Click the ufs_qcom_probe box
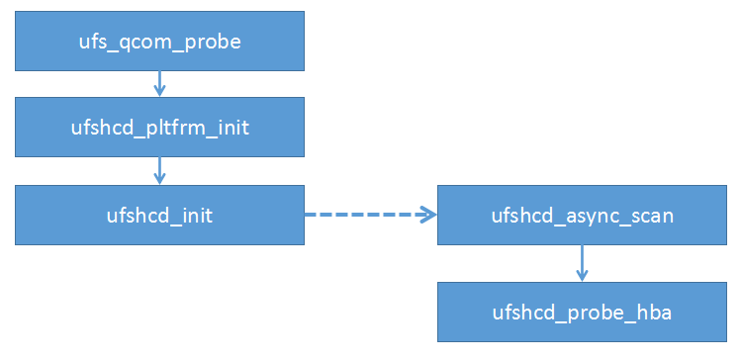point(159,43)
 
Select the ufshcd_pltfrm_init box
point(159,129)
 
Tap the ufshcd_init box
point(159,215)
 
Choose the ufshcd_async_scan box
point(582,215)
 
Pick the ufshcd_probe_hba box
point(582,313)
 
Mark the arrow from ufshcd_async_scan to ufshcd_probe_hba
point(582,263)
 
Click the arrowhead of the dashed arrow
point(429,215)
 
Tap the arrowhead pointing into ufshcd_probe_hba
point(582,277)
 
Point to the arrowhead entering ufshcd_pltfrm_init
point(159,92)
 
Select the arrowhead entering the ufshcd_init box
point(159,178)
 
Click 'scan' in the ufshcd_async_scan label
point(650,215)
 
